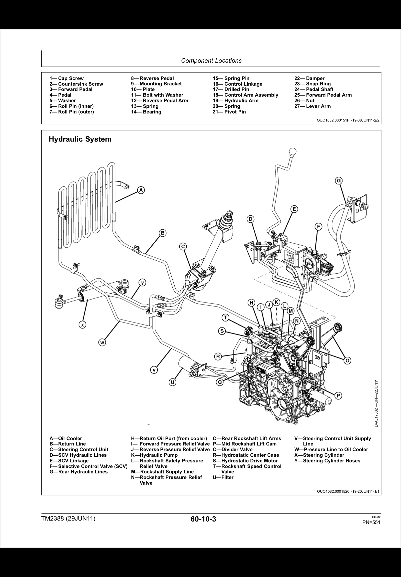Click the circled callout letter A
pyautogui.click(x=141, y=190)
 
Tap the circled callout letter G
pyautogui.click(x=339, y=181)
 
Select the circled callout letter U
pyautogui.click(x=172, y=382)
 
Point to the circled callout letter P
pyautogui.click(x=338, y=396)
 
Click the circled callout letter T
pyautogui.click(x=225, y=318)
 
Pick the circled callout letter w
pyautogui.click(x=102, y=342)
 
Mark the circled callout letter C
pyautogui.click(x=183, y=246)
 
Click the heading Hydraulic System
pyautogui.click(x=80, y=139)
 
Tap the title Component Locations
pyautogui.click(x=211, y=61)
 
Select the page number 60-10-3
pyautogui.click(x=203, y=519)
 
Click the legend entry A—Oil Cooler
pyautogui.click(x=66, y=438)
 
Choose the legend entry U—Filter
pyautogui.click(x=223, y=477)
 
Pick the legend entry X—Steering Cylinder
pyautogui.click(x=319, y=455)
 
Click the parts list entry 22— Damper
pyautogui.click(x=309, y=78)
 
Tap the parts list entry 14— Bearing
pyautogui.click(x=146, y=112)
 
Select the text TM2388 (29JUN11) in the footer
pyautogui.click(x=68, y=519)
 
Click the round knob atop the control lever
pyautogui.click(x=293, y=152)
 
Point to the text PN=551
pyautogui.click(x=371, y=522)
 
